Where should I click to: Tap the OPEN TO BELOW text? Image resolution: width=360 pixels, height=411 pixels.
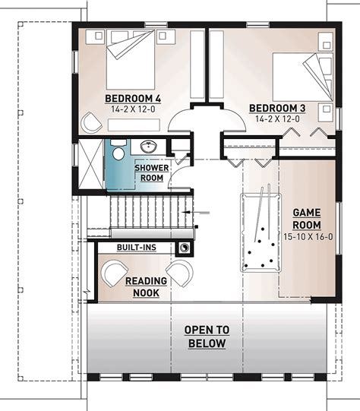(207, 337)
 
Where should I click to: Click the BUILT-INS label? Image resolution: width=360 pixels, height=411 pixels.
(137, 248)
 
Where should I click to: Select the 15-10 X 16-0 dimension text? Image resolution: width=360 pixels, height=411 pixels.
(307, 238)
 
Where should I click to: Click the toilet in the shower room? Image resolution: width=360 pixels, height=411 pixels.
(118, 154)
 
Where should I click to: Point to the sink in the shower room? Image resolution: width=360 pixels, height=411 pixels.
(147, 146)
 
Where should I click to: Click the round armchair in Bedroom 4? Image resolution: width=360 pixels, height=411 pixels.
(93, 122)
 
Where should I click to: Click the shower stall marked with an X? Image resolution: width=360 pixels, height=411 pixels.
(90, 164)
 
